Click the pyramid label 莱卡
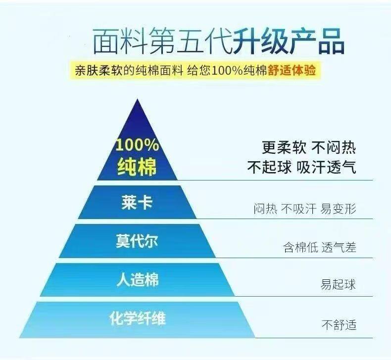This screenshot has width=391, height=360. tap(136, 203)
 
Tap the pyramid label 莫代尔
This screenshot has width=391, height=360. tap(137, 242)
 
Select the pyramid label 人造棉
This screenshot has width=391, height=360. tap(137, 280)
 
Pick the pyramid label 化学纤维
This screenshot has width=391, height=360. tap(138, 318)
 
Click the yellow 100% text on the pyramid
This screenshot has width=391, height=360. tap(137, 146)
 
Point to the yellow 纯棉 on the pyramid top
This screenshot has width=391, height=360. tap(137, 167)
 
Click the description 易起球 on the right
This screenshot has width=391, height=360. tap(339, 285)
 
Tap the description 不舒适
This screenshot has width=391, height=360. tap(339, 325)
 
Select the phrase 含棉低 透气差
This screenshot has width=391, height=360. tap(319, 247)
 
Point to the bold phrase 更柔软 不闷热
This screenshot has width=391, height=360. tap(309, 147)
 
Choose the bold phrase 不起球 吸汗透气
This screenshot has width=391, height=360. tap(301, 167)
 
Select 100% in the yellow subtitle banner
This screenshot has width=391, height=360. tap(227, 70)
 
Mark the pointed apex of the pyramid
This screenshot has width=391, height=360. tap(137, 100)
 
